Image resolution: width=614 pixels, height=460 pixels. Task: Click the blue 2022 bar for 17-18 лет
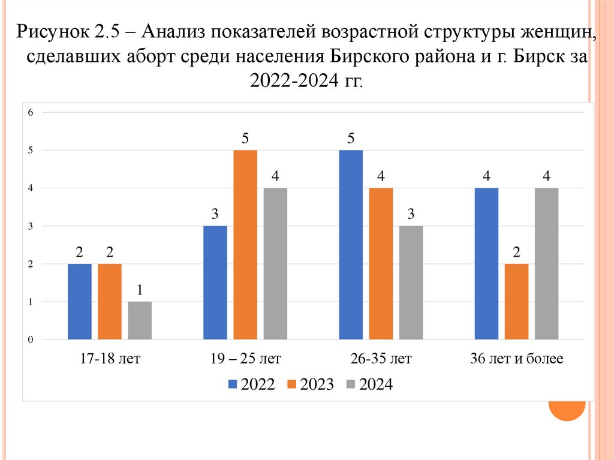coord(80,302)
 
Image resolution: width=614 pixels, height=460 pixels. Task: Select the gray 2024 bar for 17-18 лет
coord(140,321)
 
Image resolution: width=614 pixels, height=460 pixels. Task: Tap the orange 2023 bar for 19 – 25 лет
coord(245,245)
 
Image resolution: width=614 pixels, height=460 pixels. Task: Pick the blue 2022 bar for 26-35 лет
coord(351,245)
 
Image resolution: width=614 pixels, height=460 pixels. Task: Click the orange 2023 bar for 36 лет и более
coord(516,302)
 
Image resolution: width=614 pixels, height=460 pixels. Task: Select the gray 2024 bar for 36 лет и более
coord(546,264)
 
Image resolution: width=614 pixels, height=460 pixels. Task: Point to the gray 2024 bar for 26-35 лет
coord(411,282)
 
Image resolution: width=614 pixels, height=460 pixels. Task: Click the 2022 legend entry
coord(251,384)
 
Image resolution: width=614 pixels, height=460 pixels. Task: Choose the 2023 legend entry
coord(310,384)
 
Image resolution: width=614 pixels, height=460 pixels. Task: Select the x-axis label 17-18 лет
coord(110,359)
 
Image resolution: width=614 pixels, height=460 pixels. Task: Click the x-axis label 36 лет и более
coord(516,359)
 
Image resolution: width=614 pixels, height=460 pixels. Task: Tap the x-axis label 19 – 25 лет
coord(245,359)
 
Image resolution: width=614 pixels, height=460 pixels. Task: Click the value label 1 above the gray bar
coord(140,290)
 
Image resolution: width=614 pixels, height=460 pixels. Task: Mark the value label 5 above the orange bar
coord(245,139)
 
